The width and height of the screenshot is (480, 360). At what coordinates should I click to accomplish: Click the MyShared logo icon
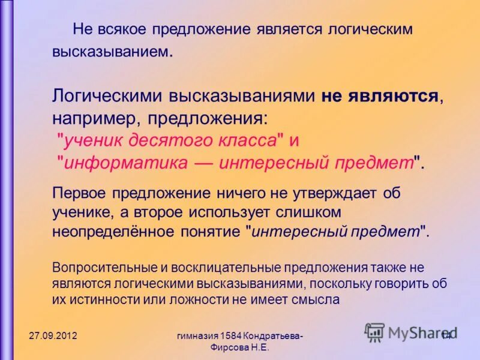click(374, 332)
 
